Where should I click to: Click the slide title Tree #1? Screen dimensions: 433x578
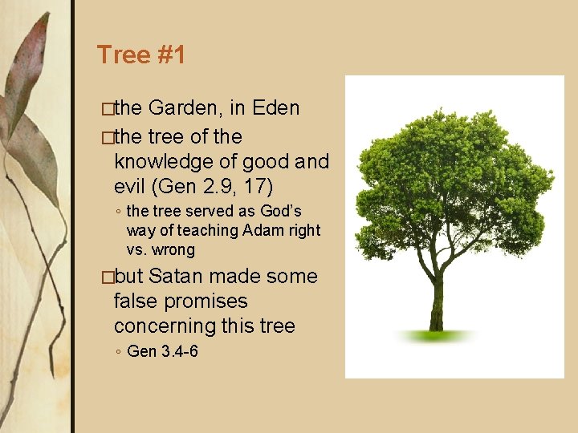pos(141,55)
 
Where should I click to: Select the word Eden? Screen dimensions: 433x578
pos(276,108)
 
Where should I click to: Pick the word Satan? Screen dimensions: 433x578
pos(178,277)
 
